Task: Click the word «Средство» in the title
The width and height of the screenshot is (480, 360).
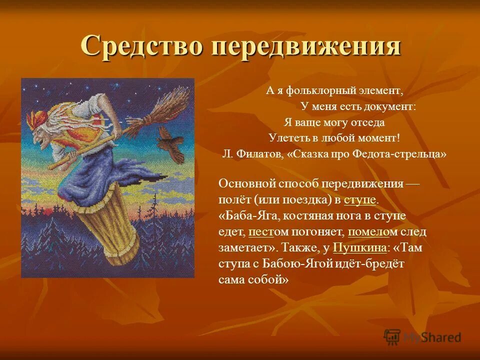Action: point(142,46)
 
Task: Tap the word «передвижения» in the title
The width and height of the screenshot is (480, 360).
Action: point(305,46)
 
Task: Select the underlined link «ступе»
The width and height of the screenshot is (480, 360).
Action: point(359,199)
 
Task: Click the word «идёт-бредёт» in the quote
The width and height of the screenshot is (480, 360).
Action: point(370,263)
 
